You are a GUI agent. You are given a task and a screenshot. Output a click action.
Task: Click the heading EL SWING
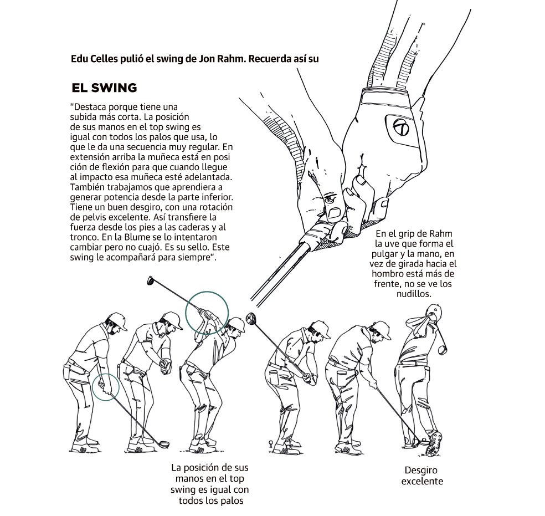104,88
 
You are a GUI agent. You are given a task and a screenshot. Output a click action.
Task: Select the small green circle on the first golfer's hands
106,386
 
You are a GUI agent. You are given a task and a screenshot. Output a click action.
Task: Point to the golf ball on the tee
270,442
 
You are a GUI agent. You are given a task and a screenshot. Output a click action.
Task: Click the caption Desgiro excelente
422,476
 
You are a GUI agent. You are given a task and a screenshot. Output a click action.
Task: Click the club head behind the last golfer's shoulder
441,349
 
